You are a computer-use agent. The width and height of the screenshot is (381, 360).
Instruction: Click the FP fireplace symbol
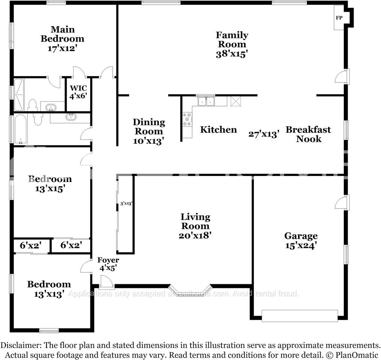(x=339, y=17)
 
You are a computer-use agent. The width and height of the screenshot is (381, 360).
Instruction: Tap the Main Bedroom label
(x=62, y=34)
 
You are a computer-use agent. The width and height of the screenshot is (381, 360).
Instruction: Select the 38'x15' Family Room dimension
(x=232, y=54)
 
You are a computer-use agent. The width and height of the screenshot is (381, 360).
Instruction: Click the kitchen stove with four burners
(x=187, y=119)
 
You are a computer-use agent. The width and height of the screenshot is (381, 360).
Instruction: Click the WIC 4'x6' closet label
(x=78, y=92)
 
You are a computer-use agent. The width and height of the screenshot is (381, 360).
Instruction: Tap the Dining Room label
(x=149, y=126)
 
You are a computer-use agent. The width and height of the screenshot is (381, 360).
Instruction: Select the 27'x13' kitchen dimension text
(x=264, y=134)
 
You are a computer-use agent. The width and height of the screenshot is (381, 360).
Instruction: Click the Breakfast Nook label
(x=308, y=134)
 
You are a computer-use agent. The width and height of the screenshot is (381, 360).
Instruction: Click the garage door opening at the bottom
(x=299, y=315)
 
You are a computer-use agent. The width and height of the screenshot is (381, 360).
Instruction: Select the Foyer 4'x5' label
(x=108, y=264)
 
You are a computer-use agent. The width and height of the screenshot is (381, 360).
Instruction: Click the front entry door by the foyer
(x=107, y=282)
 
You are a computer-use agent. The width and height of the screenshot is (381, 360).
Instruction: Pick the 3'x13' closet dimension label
(x=126, y=204)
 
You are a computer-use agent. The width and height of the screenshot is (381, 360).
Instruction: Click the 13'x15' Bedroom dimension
(x=50, y=189)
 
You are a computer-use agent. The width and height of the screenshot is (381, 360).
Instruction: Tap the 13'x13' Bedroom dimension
(x=49, y=294)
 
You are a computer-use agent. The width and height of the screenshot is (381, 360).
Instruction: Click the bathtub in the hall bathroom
(x=21, y=129)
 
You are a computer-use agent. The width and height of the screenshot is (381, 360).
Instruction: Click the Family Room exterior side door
(x=342, y=76)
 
